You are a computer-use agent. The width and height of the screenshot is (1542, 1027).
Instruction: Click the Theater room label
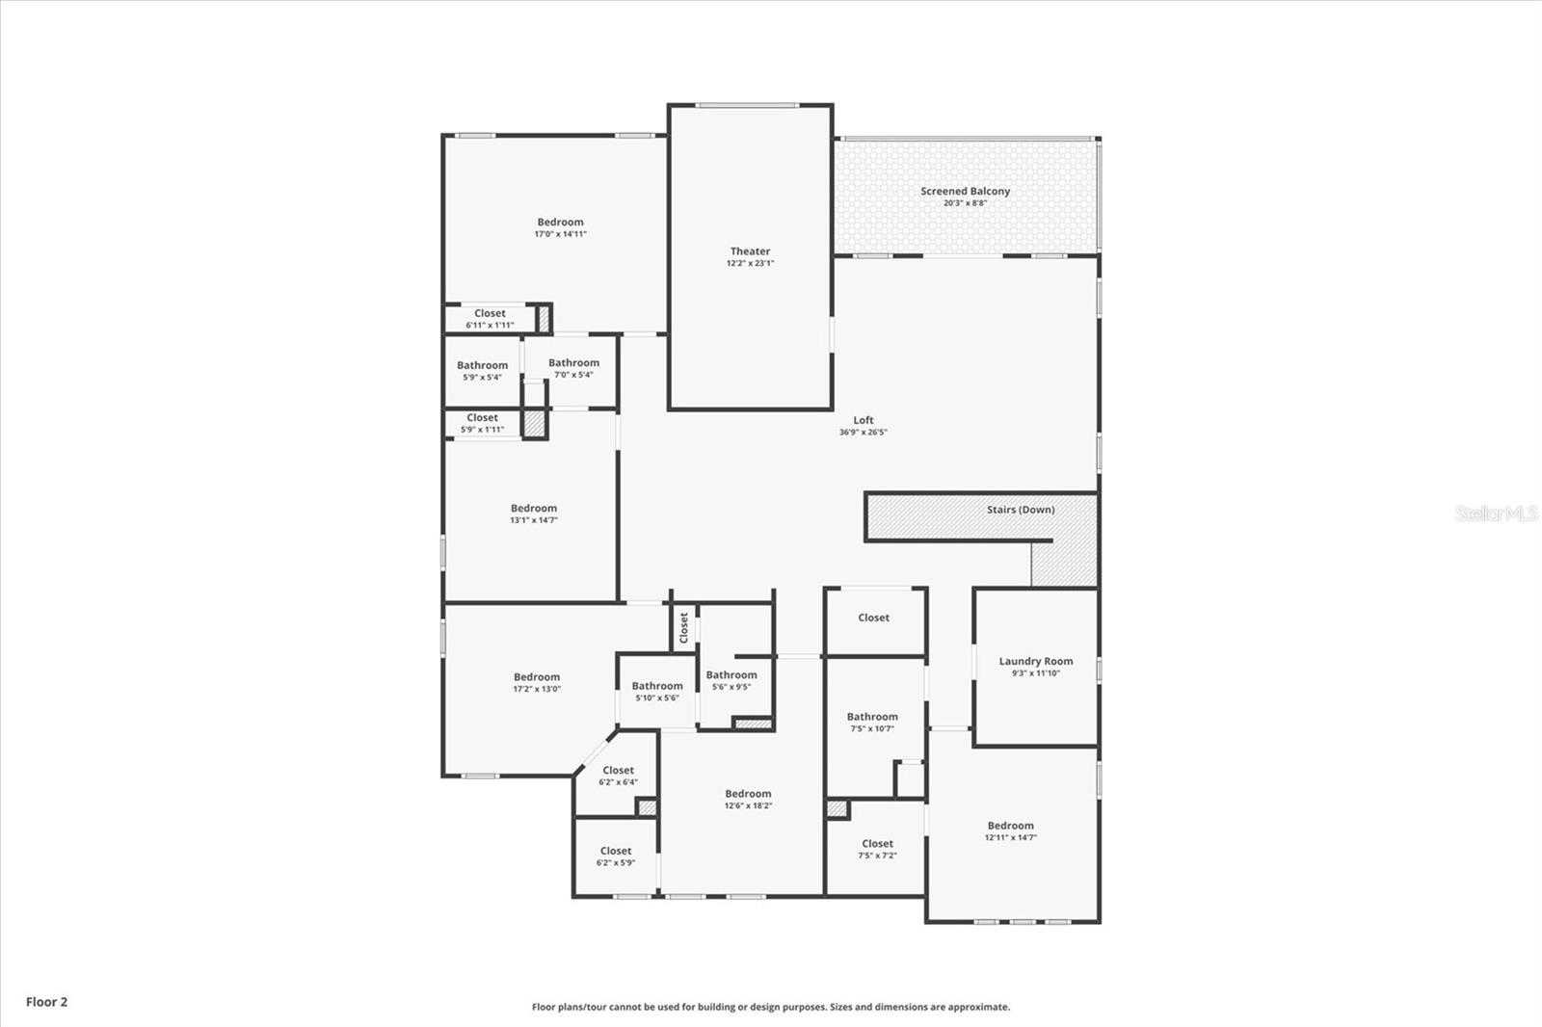[x=750, y=251]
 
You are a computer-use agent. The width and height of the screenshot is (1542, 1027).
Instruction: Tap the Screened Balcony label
[x=965, y=191]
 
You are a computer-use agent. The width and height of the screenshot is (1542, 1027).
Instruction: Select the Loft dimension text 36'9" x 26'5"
[x=863, y=433]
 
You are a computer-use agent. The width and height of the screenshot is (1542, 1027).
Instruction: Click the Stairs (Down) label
[x=1020, y=510]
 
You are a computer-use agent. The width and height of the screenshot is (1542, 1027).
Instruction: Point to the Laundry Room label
[x=1035, y=662]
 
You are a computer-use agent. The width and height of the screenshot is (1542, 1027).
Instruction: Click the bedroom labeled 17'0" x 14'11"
[x=560, y=227]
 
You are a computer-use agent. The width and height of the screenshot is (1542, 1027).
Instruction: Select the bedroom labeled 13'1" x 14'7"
[x=534, y=513]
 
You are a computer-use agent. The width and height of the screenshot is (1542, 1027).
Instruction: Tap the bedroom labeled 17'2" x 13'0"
[x=536, y=682]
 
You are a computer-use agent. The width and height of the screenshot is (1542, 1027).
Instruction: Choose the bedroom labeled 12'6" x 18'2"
[x=748, y=800]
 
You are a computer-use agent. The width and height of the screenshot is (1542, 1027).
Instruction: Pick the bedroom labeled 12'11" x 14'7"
[x=1010, y=830]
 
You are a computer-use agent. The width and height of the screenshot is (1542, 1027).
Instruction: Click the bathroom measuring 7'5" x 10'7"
[x=872, y=722]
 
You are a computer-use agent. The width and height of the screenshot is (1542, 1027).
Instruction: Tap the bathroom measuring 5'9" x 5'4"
[x=482, y=371]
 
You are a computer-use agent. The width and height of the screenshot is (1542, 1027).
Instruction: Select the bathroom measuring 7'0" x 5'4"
[x=573, y=368]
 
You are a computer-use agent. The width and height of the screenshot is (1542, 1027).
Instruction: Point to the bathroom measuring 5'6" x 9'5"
[x=731, y=680]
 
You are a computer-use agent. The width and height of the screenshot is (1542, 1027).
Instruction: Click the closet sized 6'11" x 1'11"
[x=490, y=318]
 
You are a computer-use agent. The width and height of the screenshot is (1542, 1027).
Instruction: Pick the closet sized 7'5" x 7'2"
[x=877, y=849]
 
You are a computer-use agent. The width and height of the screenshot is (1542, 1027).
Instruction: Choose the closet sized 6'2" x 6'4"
[x=618, y=776]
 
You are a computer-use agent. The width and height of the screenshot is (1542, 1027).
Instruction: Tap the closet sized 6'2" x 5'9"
[x=615, y=856]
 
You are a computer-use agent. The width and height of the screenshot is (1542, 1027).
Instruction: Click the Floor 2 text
[x=46, y=1002]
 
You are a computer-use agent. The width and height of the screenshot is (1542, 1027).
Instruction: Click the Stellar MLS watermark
[x=1496, y=514]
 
